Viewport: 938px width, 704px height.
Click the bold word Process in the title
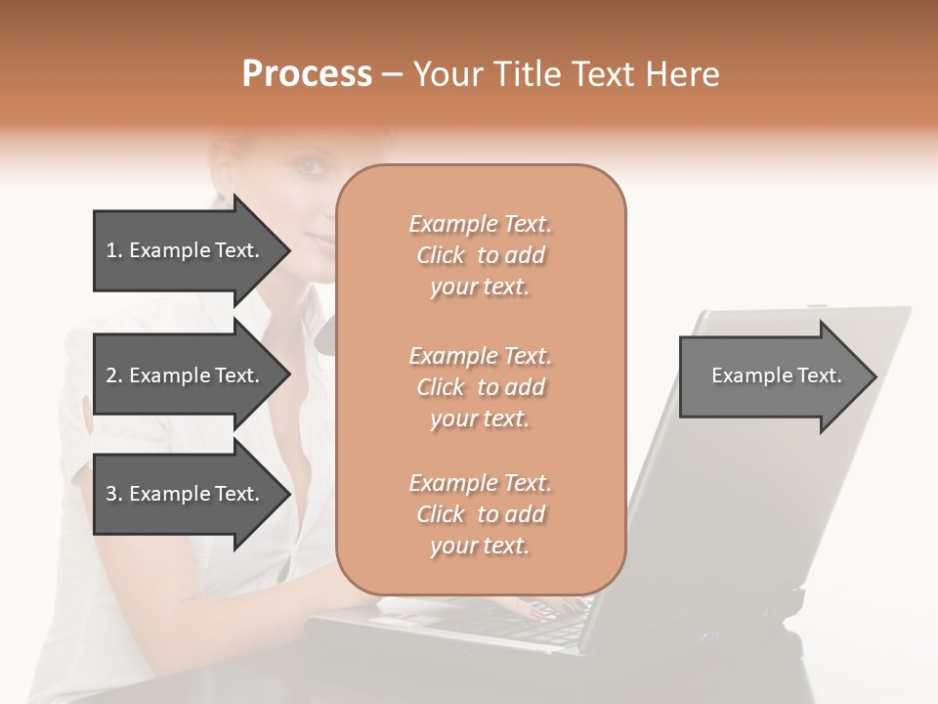tap(307, 74)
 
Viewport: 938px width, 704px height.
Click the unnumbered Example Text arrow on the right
tap(776, 375)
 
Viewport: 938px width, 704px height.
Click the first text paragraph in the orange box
tap(480, 255)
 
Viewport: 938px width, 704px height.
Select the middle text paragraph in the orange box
tap(480, 387)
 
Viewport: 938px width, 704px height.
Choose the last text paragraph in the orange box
tap(480, 514)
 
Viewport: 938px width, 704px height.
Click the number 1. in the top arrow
tap(114, 250)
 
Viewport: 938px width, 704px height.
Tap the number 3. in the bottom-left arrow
tap(114, 494)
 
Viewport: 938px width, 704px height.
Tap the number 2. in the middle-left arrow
tap(114, 375)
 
